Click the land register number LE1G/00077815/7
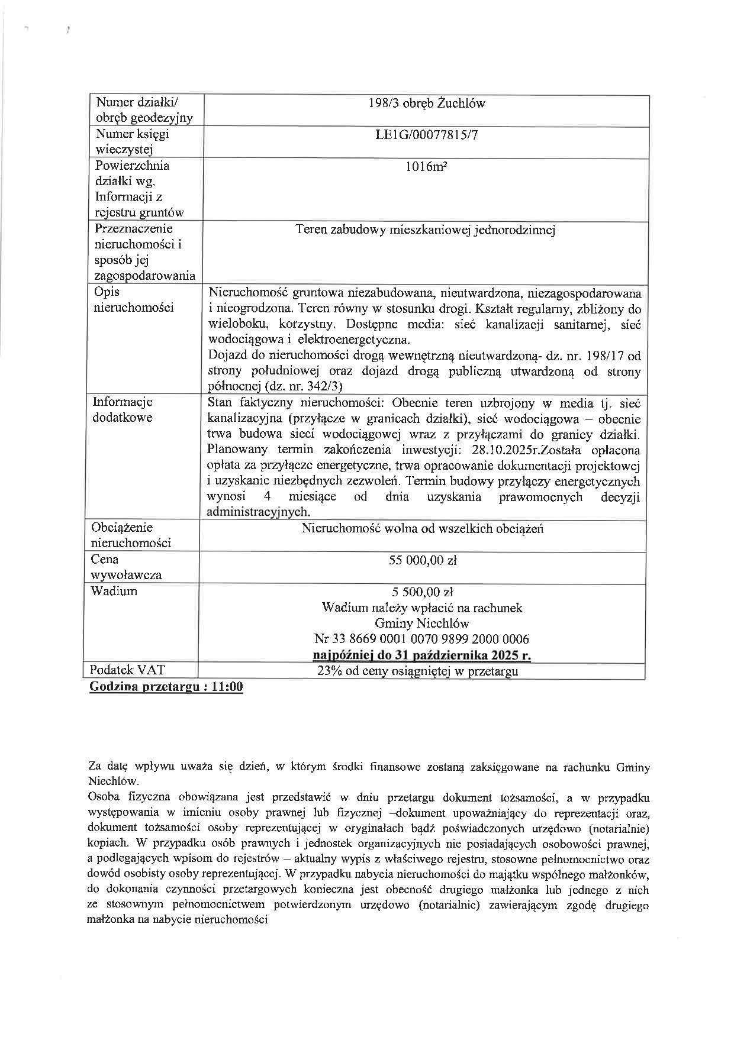pos(426,135)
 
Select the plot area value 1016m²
pos(426,167)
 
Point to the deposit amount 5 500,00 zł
pos(423,592)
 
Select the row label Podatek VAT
pos(127,670)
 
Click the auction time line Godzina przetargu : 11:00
pos(166,687)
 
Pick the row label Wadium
pos(114,591)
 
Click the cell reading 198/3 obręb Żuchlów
pos(426,104)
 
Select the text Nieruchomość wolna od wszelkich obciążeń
pos(422,529)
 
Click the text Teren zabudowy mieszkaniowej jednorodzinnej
pos(425,230)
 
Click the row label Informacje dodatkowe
pos(123,409)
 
